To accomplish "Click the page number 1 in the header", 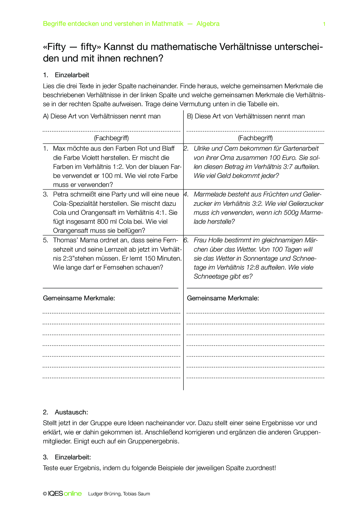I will pos(324,24).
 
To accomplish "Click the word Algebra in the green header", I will pos(208,24).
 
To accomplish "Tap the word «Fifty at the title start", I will pos(54,47).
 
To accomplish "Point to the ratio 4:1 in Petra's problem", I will pos(161,213).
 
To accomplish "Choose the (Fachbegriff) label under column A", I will pos(111,138).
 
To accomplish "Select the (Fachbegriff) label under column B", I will pos(255,138).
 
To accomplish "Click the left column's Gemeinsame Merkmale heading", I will pos(79,298).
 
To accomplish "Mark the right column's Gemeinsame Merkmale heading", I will pos(223,298).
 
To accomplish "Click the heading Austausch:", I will pos(71,412).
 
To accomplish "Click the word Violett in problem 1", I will pos(88,158).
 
